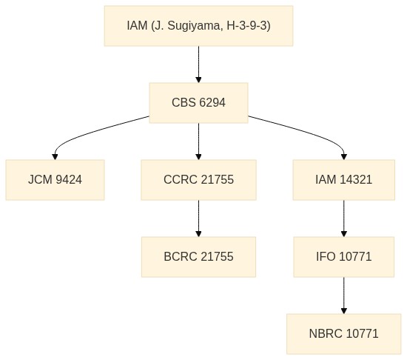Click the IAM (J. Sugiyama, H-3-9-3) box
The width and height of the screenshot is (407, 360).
[x=198, y=26]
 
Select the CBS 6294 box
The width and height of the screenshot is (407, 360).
[x=198, y=103]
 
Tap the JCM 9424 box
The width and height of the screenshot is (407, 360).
[x=55, y=180]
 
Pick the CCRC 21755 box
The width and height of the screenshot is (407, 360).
[x=198, y=180]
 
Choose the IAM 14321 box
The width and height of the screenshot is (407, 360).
[x=344, y=180]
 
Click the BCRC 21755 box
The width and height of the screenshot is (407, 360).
[x=198, y=257]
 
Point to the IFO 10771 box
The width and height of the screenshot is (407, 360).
[x=344, y=257]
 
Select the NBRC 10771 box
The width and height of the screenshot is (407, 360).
[x=344, y=334]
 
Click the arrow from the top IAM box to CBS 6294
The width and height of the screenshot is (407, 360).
[x=198, y=64]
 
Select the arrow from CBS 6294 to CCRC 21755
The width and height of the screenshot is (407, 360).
[x=198, y=141]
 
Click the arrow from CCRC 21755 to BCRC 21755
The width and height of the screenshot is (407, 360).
[x=198, y=219]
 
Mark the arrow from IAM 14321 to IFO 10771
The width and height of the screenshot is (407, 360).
[x=344, y=219]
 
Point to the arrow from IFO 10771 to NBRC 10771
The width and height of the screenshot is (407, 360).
[x=344, y=296]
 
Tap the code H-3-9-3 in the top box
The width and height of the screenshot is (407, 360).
[x=249, y=26]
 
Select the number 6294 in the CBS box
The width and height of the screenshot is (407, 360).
[x=212, y=103]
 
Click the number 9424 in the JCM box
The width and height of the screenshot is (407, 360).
[x=69, y=180]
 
